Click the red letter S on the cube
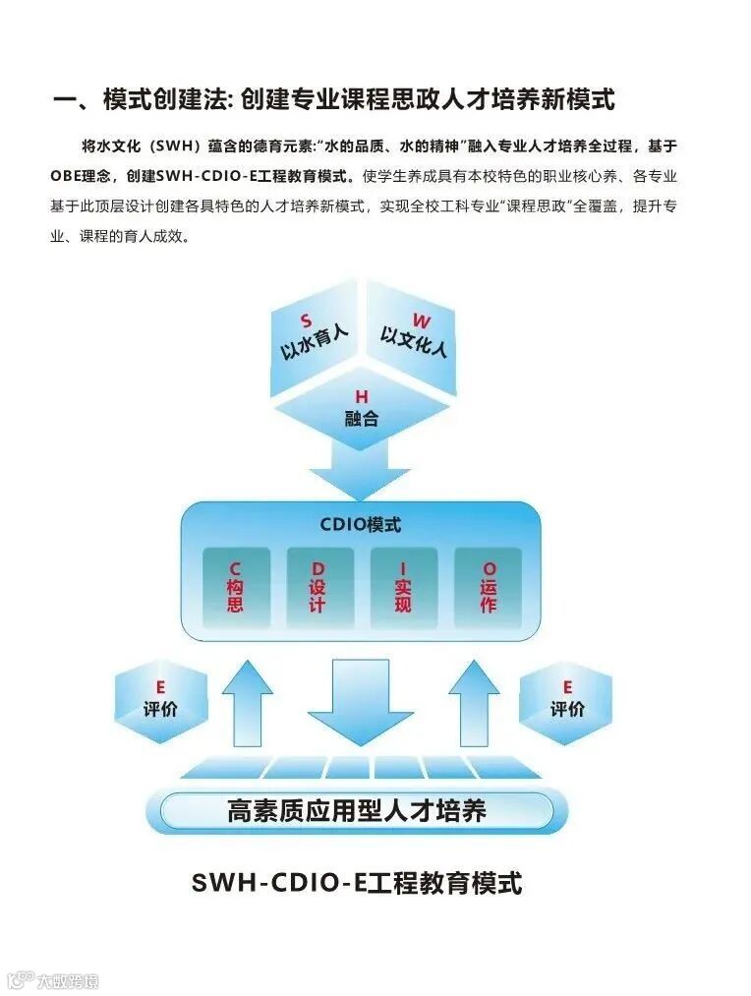306,321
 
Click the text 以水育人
314,342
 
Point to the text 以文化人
413,342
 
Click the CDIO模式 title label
361,524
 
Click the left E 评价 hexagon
160,699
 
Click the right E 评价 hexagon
566,699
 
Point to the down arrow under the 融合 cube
360,470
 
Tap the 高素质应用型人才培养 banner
357,811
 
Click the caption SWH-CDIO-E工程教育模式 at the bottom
357,882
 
